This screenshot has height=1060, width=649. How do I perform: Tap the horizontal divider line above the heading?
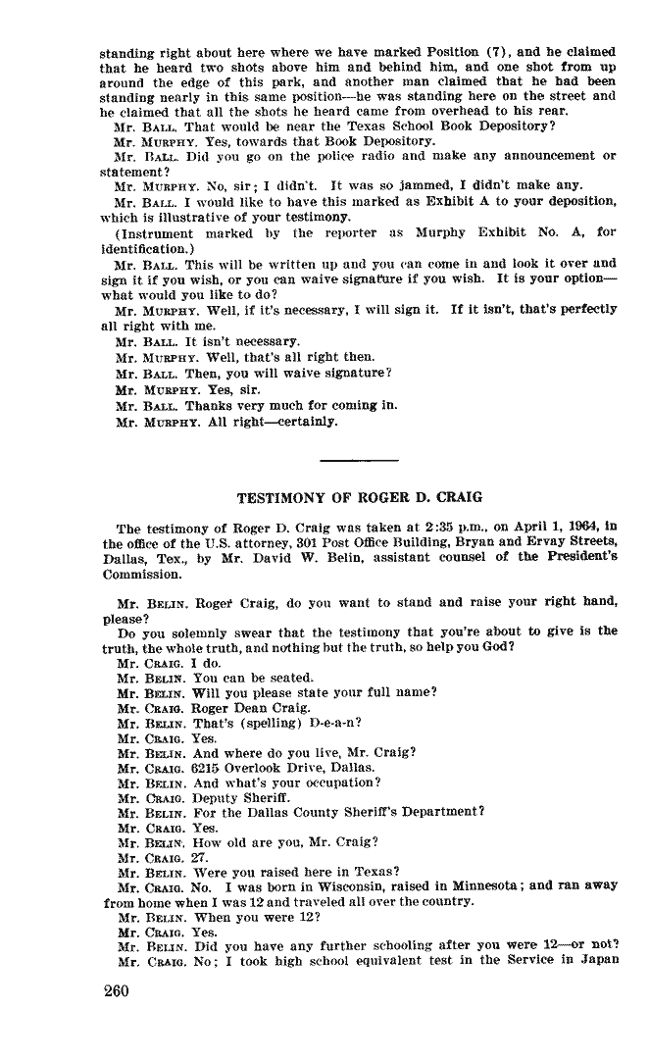[359, 460]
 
